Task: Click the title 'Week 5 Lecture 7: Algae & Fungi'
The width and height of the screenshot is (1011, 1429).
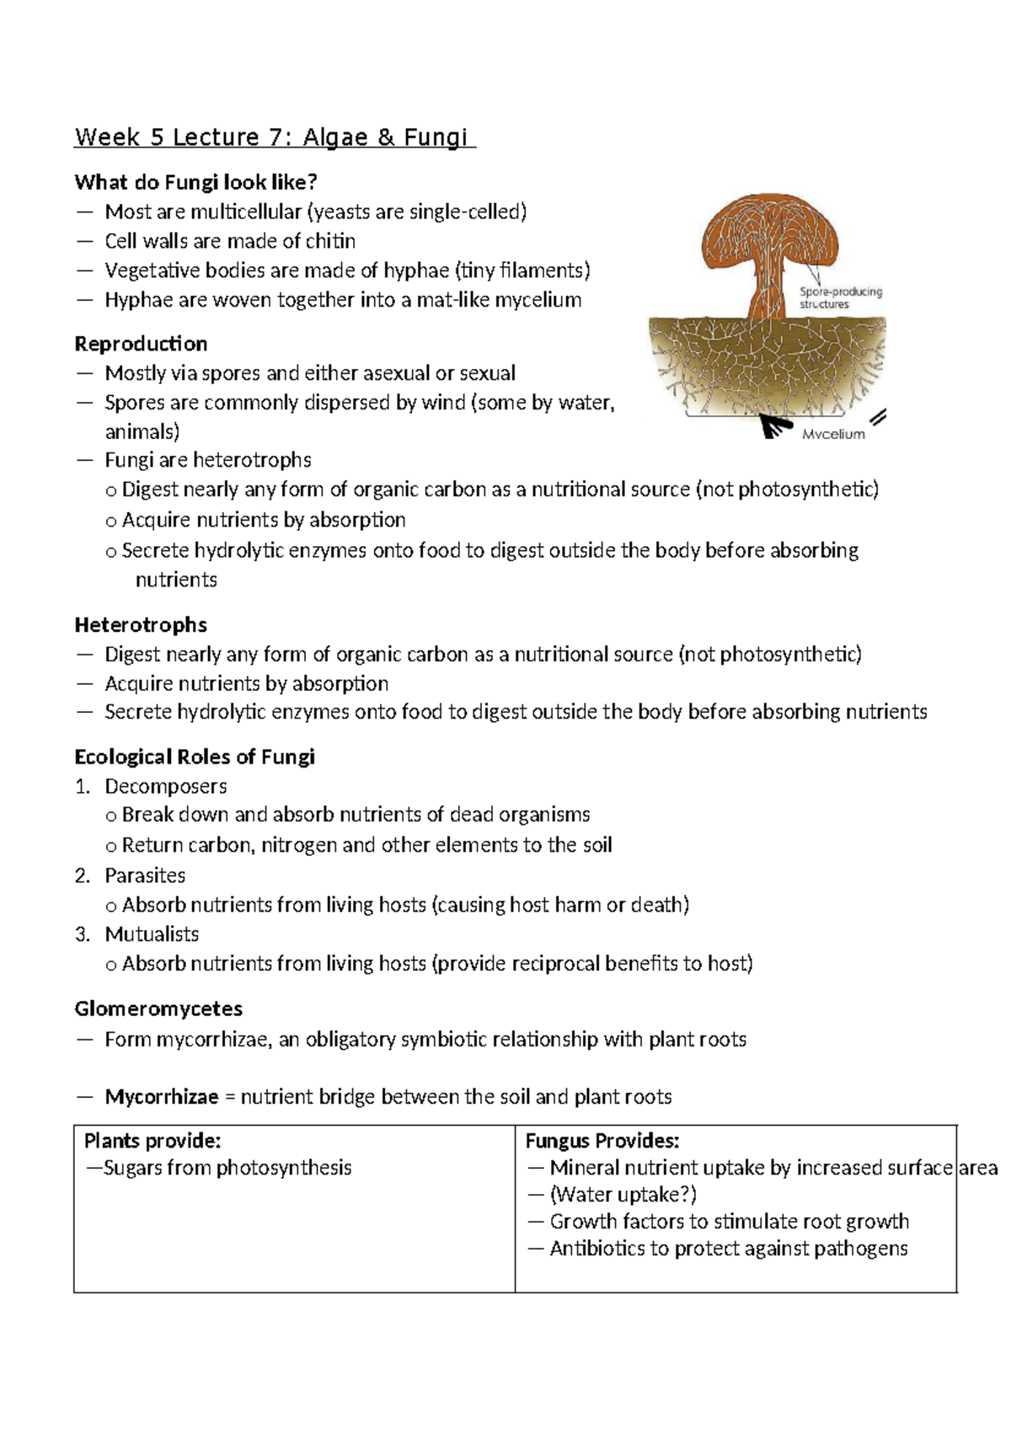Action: tap(275, 137)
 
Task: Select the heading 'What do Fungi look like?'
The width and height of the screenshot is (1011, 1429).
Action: tap(195, 182)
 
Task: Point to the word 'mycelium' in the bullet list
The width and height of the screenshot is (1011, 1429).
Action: tap(538, 300)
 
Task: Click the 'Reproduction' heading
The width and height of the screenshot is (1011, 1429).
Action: tap(141, 344)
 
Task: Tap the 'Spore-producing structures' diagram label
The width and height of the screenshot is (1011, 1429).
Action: tap(840, 297)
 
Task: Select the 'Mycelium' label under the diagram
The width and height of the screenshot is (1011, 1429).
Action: tap(832, 434)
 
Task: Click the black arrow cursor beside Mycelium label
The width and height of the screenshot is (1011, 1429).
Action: tap(773, 427)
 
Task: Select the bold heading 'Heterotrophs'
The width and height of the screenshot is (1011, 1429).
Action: tap(141, 624)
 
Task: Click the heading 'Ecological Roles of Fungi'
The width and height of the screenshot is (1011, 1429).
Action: tap(195, 757)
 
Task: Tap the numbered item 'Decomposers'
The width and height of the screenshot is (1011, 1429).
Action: tap(165, 786)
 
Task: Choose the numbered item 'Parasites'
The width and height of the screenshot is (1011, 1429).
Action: tap(145, 875)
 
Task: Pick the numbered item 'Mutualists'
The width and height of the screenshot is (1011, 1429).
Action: tap(152, 934)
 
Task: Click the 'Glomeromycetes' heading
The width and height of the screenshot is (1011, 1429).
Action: tap(158, 1009)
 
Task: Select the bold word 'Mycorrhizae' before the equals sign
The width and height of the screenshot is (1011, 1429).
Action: tap(161, 1097)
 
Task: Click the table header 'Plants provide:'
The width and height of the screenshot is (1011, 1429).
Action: tap(152, 1141)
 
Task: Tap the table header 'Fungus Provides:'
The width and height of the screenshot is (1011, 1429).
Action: tap(602, 1141)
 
